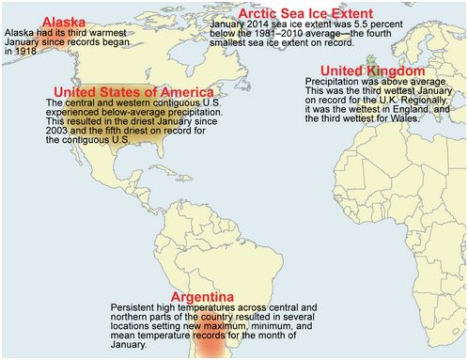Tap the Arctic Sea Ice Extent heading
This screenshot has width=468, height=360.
[299, 12]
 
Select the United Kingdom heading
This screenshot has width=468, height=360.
[374, 71]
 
